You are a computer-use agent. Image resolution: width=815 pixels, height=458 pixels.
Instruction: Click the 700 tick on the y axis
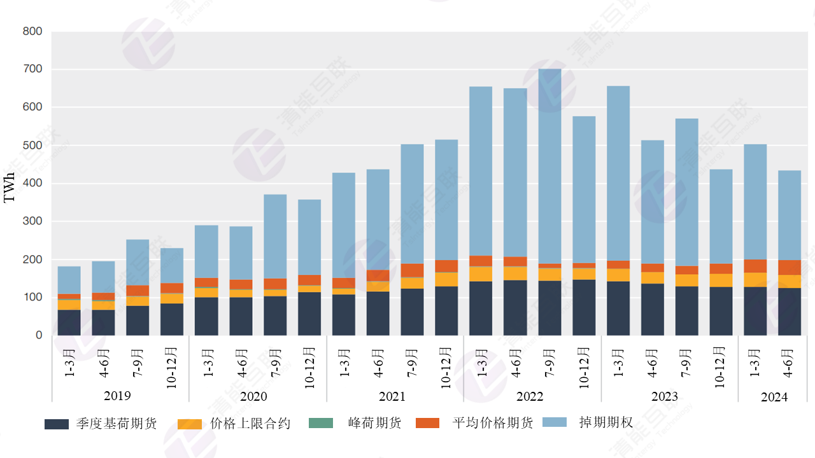coord(32,69)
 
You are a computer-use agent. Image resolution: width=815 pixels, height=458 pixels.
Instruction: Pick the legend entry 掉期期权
coord(606,423)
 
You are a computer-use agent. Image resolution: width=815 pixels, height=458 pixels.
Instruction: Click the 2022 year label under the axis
coord(530,396)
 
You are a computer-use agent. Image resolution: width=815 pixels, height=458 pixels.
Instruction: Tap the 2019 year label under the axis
coord(117,396)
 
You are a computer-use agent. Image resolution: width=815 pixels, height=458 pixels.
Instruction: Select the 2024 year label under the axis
coord(774,397)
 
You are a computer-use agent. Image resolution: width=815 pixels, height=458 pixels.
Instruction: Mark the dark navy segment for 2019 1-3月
coord(69,323)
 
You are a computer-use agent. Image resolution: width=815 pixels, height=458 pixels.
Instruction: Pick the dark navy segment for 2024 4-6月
coord(790,312)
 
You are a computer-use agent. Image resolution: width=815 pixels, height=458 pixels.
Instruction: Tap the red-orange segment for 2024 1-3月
coord(755,266)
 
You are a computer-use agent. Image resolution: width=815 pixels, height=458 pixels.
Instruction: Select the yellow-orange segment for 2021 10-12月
coord(446,279)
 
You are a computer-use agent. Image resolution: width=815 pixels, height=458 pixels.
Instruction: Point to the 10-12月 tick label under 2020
coord(309,368)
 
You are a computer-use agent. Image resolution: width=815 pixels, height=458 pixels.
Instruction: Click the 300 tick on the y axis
coord(32,221)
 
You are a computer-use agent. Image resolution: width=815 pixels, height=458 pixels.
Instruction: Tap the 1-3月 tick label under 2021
coord(344,363)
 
